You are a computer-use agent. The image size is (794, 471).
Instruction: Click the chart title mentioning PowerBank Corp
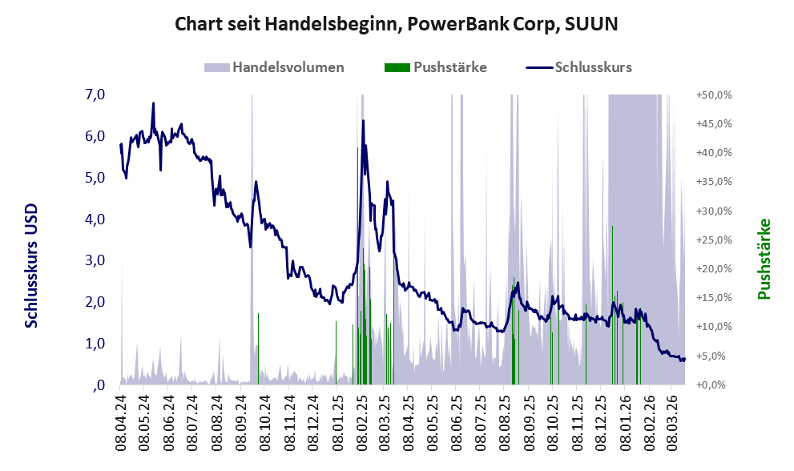[397, 25]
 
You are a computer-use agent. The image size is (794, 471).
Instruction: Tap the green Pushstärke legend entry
[436, 67]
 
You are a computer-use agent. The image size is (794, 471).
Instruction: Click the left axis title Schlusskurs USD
[32, 264]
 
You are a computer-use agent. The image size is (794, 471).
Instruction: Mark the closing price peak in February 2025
[363, 121]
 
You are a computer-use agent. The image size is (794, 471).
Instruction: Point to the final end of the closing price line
[684, 359]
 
